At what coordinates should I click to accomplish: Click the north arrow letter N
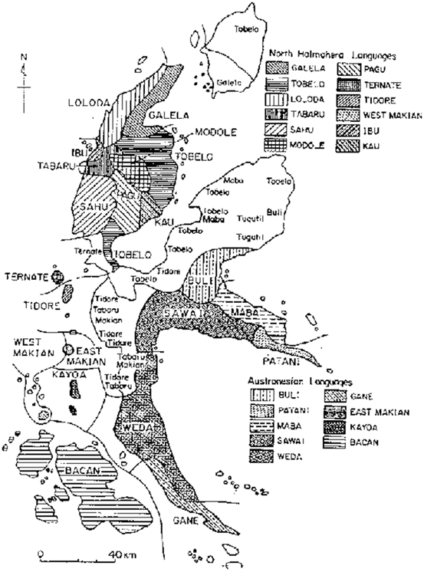click(x=25, y=57)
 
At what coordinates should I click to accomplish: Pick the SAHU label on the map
click(x=90, y=205)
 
